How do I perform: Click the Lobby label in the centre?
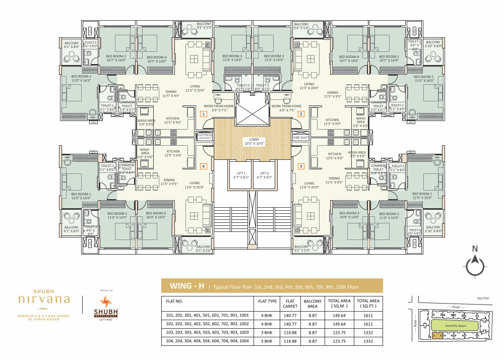[x=252, y=141]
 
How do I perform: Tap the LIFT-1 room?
[x=240, y=175]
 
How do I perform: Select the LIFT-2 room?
[x=264, y=175]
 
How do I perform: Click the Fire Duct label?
[x=300, y=137]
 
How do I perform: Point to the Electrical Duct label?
[x=205, y=137]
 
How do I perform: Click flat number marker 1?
[x=203, y=114]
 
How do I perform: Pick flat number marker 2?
[x=301, y=114]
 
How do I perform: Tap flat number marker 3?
[x=301, y=166]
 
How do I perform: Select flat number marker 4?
[x=203, y=166]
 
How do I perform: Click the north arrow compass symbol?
[x=474, y=264]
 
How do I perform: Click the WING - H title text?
[x=186, y=286]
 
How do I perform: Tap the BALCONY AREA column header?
[x=311, y=303]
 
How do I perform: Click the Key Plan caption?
[x=483, y=298]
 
